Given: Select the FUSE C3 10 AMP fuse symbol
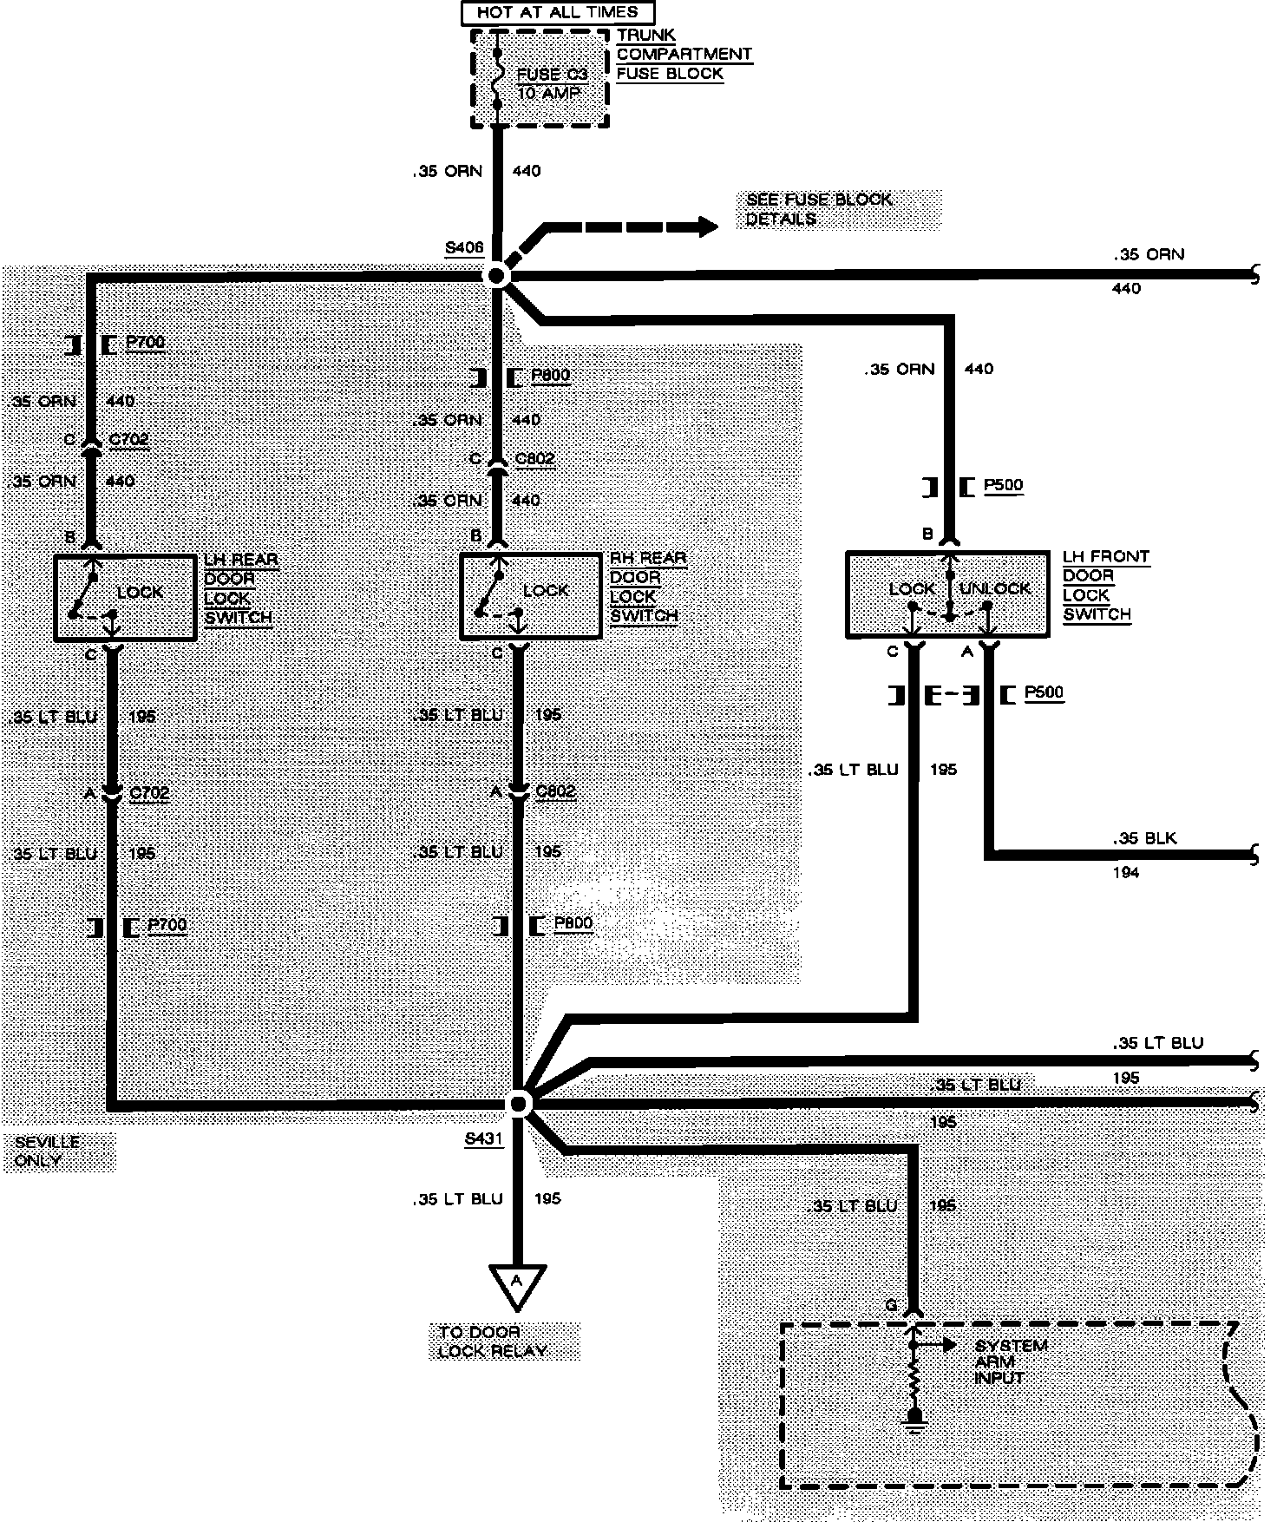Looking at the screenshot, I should [x=497, y=81].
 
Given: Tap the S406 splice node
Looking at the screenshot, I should [x=497, y=276].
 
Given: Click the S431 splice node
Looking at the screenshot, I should [x=518, y=1103].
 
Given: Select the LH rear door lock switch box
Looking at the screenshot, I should [x=125, y=598].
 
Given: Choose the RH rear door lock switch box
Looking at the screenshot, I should [x=530, y=596].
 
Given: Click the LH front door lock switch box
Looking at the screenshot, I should [x=947, y=594].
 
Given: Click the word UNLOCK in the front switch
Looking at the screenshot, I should [x=995, y=588].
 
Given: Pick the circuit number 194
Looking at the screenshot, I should [x=1125, y=873].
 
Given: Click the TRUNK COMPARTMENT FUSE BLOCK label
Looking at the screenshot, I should [x=683, y=55].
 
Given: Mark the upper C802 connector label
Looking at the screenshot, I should [x=534, y=458].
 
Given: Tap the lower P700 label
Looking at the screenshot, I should [x=167, y=925].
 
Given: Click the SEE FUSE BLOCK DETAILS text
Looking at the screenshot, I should [x=818, y=209].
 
